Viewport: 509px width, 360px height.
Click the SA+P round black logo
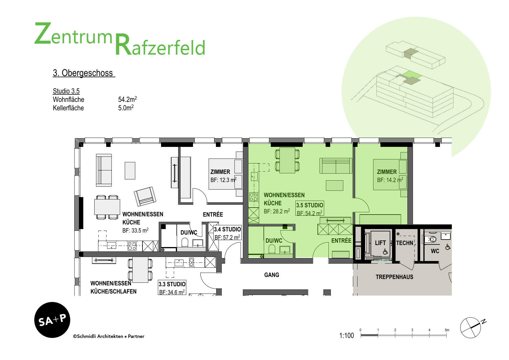pos(52,320)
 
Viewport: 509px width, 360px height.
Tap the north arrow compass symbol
pos(471,327)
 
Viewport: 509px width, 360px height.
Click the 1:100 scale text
pos(346,336)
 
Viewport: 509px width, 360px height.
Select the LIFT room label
pos(380,243)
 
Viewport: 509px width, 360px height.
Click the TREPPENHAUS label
pos(394,277)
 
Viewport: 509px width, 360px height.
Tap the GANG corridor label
pos(271,275)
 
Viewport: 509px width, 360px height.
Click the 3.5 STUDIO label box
pos(309,209)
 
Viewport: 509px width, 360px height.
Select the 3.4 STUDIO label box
pos(227,233)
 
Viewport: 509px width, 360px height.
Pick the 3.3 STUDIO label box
pos(172,288)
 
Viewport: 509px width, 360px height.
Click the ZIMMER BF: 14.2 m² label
pos(390,176)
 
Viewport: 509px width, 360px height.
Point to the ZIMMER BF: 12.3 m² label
pos(223,176)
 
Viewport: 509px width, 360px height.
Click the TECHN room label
pos(405,243)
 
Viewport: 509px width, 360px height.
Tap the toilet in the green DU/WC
pos(272,249)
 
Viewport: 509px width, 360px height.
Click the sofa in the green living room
pos(336,166)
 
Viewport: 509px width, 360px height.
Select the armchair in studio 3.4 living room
pos(145,196)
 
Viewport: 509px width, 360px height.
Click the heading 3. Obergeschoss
pos(84,73)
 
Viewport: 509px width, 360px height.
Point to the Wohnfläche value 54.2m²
pos(127,99)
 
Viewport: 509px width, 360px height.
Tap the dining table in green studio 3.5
pos(287,160)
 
